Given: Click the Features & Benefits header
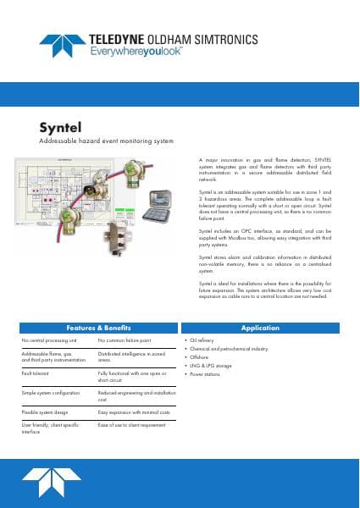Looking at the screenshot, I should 99,327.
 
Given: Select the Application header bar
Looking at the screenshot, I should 260,327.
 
